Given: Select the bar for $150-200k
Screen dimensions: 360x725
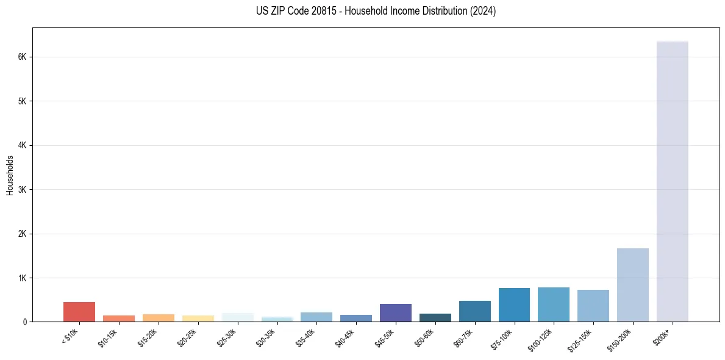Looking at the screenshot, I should click(x=632, y=285).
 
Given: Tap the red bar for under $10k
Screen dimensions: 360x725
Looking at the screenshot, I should click(x=79, y=312).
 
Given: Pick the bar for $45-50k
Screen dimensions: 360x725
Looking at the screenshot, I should click(x=396, y=312).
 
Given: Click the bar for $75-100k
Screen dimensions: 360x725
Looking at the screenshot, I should click(x=514, y=305).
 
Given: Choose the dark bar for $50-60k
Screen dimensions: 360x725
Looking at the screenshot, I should click(x=435, y=317).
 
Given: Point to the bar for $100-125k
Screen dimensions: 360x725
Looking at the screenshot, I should click(x=554, y=304).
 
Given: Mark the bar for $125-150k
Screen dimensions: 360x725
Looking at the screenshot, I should click(x=593, y=306).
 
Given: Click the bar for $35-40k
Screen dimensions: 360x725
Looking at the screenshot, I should click(x=316, y=317).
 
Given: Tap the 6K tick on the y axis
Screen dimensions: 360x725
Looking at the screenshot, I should click(x=22, y=57).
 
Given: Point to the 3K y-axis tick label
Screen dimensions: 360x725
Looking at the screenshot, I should click(x=22, y=190).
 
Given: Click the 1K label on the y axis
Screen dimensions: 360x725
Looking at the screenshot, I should click(x=22, y=278).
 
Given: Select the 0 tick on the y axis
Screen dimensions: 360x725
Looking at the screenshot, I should click(x=24, y=322).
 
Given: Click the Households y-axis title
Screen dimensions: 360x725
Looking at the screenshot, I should click(x=10, y=175).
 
